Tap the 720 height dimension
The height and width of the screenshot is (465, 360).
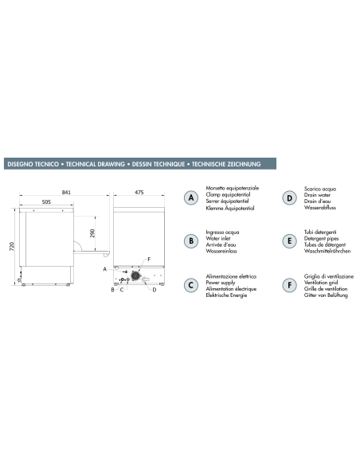[12, 246]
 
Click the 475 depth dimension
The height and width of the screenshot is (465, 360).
[139, 193]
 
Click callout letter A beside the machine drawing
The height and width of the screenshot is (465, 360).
[105, 270]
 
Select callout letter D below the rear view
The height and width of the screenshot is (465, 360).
[153, 291]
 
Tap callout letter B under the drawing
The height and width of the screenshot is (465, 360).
[112, 291]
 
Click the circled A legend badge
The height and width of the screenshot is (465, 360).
[190, 197]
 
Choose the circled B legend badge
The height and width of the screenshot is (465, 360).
[190, 240]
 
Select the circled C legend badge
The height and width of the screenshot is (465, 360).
[190, 284]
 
